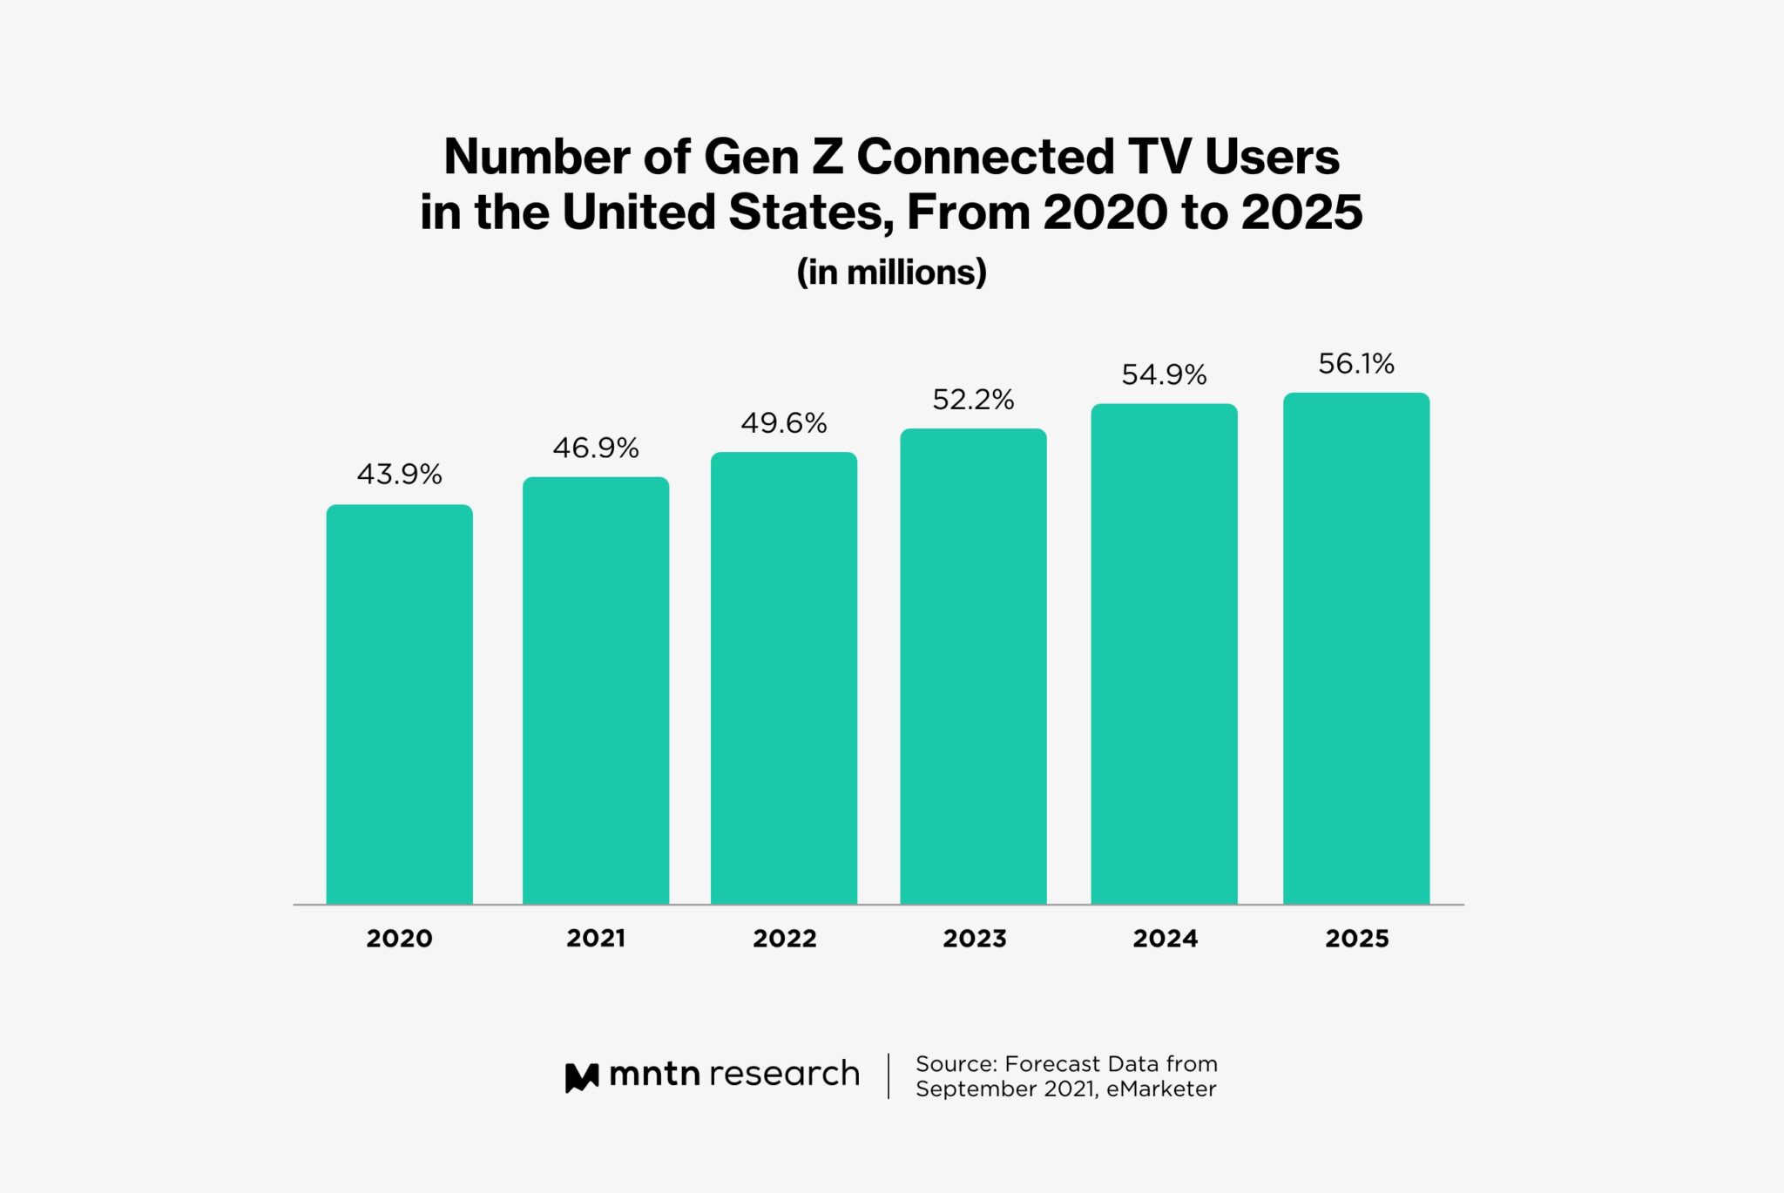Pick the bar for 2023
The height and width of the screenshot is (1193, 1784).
pyautogui.click(x=973, y=666)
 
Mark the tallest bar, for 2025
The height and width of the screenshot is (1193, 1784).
pyautogui.click(x=1356, y=648)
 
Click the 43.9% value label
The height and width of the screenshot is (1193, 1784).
pyautogui.click(x=399, y=475)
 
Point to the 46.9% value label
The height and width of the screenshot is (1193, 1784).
pyautogui.click(x=596, y=448)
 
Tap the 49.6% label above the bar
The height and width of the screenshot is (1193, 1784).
pyautogui.click(x=784, y=423)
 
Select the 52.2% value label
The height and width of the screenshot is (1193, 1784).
pyautogui.click(x=973, y=400)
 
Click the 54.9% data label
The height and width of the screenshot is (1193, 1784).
pyautogui.click(x=1164, y=375)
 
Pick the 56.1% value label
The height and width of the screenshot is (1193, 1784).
pyautogui.click(x=1356, y=364)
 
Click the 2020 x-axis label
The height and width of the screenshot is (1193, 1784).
pyautogui.click(x=399, y=938)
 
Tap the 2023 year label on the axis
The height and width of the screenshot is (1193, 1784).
pyautogui.click(x=974, y=938)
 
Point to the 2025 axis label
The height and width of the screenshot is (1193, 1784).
pyautogui.click(x=1356, y=938)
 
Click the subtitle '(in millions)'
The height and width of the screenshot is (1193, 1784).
pyautogui.click(x=891, y=273)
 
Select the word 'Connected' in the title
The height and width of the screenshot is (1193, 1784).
pyautogui.click(x=985, y=158)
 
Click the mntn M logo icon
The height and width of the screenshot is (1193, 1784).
pyautogui.click(x=582, y=1076)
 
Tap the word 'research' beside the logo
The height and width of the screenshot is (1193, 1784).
pyautogui.click(x=784, y=1074)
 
